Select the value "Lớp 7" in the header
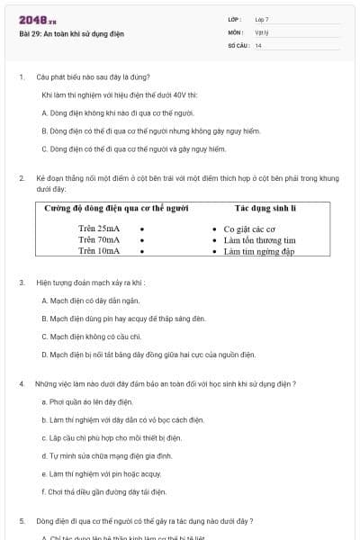(x=262, y=19)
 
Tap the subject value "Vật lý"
(x=262, y=31)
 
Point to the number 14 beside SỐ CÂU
(x=258, y=45)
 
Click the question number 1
(x=21, y=76)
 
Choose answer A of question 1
(x=118, y=112)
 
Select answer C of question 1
(x=133, y=148)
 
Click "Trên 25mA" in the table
(x=98, y=229)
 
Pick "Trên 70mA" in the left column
(x=98, y=240)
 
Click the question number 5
(x=21, y=520)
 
